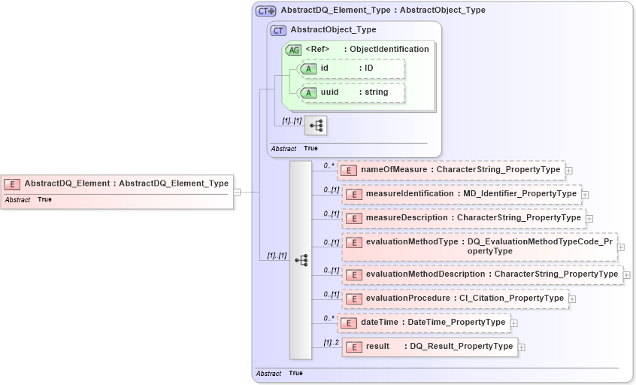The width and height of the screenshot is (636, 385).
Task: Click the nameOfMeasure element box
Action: point(450,170)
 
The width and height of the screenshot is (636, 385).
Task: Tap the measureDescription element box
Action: point(463,218)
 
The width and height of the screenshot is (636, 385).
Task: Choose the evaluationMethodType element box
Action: point(479,247)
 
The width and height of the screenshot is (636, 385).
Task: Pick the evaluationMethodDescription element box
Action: point(482,274)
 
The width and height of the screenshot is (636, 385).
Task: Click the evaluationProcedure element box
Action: point(454,299)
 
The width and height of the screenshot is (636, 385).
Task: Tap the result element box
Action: point(429,347)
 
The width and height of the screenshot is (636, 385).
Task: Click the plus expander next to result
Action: point(522,347)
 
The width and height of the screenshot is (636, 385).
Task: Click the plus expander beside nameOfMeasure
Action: point(569,171)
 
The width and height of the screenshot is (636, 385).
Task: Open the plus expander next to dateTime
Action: point(514,323)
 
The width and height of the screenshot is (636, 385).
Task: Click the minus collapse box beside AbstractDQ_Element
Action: point(237,192)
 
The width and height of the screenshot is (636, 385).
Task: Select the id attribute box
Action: point(352,68)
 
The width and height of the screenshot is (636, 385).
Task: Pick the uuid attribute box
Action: point(352,92)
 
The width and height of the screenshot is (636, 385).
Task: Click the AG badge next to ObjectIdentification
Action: point(293,50)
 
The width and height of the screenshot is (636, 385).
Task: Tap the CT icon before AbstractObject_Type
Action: point(279,31)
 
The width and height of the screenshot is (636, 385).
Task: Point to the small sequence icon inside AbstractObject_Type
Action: point(316,126)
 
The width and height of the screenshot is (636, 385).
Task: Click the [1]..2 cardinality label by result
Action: point(332,342)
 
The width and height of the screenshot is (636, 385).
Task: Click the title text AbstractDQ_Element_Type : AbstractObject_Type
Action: point(383,11)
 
